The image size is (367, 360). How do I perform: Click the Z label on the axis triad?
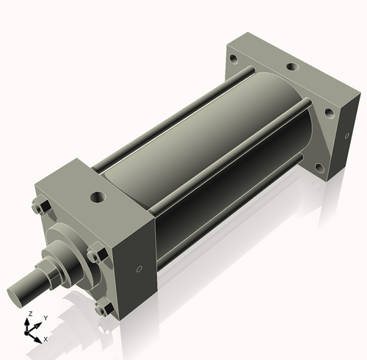[29, 314]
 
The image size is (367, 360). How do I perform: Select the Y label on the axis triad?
[45, 319]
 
